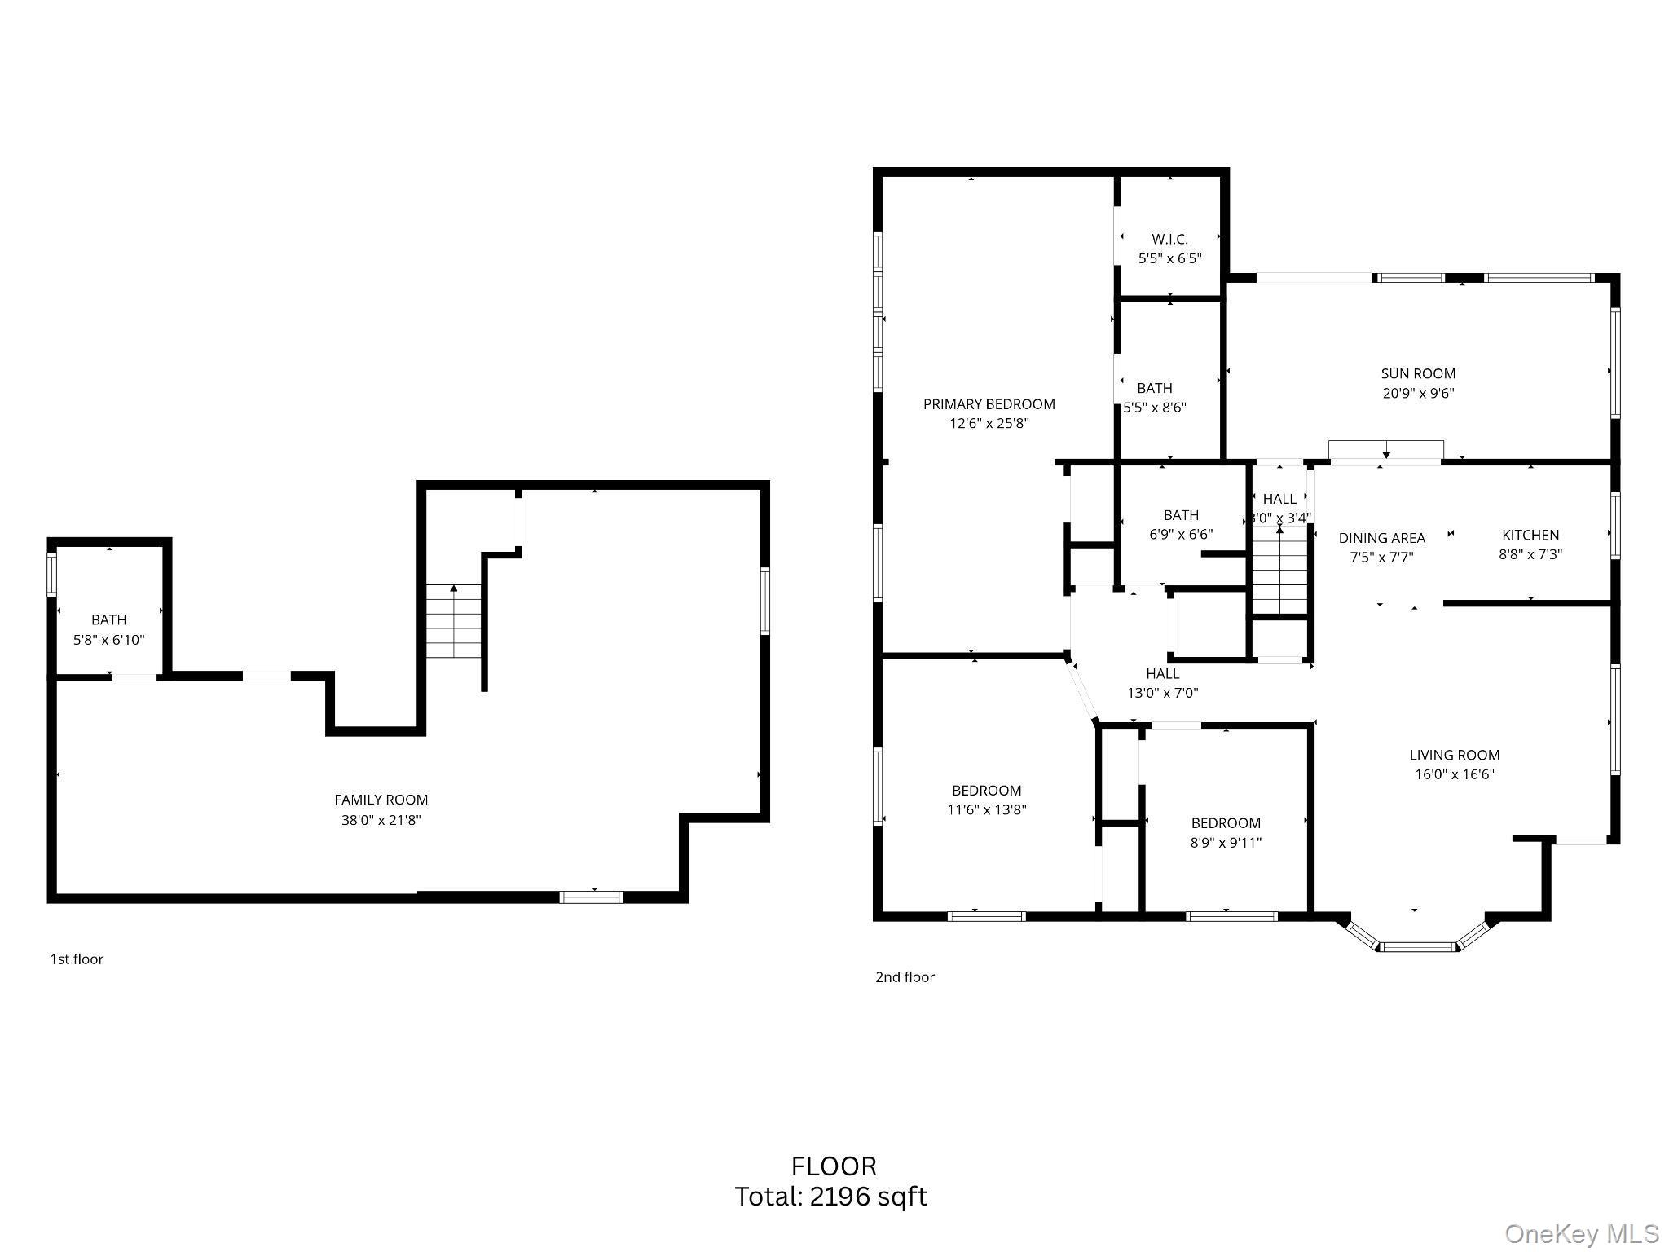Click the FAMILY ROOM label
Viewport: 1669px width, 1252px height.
click(x=381, y=800)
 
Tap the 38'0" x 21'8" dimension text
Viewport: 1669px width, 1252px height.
click(x=381, y=820)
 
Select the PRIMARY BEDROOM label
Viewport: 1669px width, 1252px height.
click(x=989, y=403)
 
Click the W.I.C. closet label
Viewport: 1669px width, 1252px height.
click(x=1169, y=239)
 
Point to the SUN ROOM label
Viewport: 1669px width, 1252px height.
click(x=1418, y=373)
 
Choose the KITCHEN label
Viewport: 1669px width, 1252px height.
click(x=1530, y=535)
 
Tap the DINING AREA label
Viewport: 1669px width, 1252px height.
click(x=1381, y=538)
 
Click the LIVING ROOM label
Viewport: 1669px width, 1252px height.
click(x=1455, y=755)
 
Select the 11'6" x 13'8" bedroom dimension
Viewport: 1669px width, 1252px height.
click(x=986, y=809)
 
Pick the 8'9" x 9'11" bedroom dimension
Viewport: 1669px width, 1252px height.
click(x=1226, y=843)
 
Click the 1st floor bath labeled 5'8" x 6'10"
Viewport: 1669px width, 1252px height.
click(x=108, y=629)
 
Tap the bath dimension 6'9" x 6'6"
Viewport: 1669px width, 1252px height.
click(x=1181, y=535)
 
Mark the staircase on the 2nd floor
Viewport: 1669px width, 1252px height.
click(x=1279, y=571)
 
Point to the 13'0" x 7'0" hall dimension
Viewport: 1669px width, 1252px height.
click(x=1162, y=694)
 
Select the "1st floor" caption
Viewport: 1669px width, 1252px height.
click(x=77, y=959)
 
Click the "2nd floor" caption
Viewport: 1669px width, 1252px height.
click(x=905, y=977)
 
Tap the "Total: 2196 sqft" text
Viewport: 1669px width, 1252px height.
click(x=831, y=1197)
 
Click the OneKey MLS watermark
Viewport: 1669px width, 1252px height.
click(x=1581, y=1234)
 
